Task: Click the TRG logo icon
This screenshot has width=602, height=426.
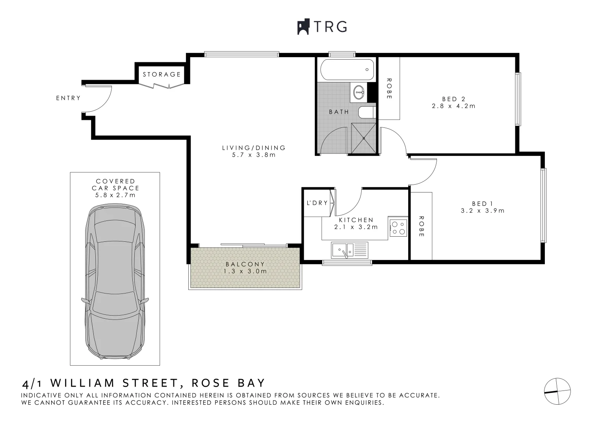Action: tap(303, 27)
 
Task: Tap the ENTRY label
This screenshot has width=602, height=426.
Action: tap(68, 98)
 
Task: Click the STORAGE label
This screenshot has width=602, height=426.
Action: tap(162, 74)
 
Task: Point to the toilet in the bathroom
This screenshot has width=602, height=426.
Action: tap(366, 112)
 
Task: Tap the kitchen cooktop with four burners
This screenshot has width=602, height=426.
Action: tap(398, 228)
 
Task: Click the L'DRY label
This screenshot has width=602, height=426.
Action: tap(317, 203)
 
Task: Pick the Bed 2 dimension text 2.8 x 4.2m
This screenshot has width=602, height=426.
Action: tap(453, 106)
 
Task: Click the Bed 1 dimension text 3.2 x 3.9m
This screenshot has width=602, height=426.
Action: tap(483, 211)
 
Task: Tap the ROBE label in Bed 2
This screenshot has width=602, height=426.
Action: tap(389, 88)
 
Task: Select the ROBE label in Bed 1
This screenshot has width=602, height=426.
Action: tap(421, 226)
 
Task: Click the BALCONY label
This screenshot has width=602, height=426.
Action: tap(245, 264)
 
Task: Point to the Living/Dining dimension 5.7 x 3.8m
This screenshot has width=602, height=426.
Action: tap(254, 155)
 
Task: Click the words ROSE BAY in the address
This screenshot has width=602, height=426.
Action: tap(228, 383)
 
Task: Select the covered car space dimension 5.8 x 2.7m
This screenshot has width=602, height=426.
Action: tap(115, 195)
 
